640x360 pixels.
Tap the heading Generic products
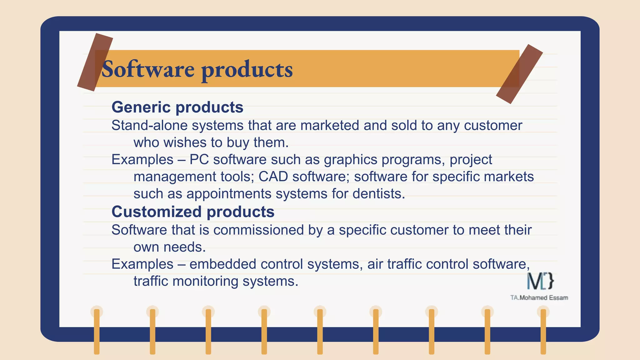(177, 107)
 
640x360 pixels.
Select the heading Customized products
(193, 212)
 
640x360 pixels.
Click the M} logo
(540, 281)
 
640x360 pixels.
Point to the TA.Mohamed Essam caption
(539, 298)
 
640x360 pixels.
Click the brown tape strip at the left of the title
(95, 62)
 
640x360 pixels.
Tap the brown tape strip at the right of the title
(519, 74)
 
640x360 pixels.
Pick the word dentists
(378, 194)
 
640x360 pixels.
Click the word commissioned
(258, 230)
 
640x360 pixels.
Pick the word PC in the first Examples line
(199, 160)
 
